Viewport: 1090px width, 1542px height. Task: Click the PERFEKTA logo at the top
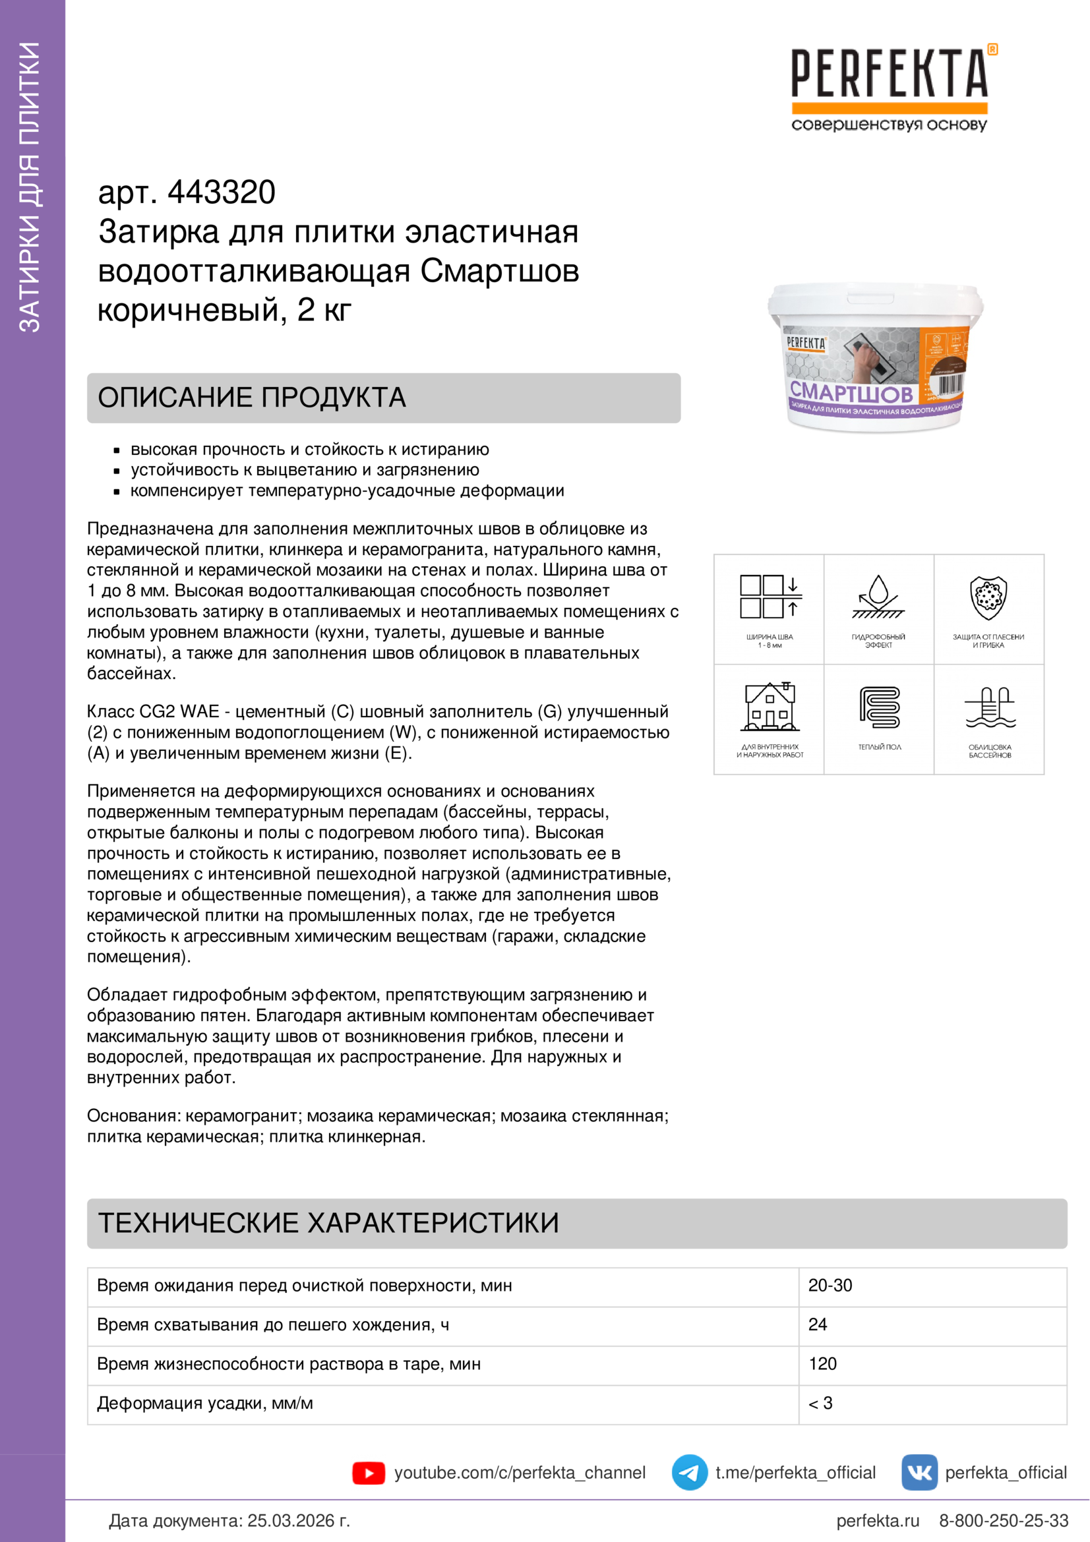(889, 74)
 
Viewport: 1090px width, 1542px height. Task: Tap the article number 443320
(221, 193)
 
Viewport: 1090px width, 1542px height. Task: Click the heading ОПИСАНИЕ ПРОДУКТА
(252, 398)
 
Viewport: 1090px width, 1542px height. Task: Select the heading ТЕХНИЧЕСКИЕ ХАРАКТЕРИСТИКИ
(328, 1223)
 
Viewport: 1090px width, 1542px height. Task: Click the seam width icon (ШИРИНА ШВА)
(770, 597)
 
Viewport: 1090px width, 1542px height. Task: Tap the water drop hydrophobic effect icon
(878, 596)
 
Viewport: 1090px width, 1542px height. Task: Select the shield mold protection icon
(988, 597)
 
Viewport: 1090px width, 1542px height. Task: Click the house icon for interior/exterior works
(770, 707)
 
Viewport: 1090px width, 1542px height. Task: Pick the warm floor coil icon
(879, 707)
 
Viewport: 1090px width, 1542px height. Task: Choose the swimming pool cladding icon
(990, 708)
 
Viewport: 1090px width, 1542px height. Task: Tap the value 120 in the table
(823, 1364)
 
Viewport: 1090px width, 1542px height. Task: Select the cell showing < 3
(821, 1403)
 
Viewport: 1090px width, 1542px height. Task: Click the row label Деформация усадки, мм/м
(205, 1403)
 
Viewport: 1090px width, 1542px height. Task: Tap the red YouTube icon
(369, 1473)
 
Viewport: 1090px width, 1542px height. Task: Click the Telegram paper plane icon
(689, 1473)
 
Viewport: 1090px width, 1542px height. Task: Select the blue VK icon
(919, 1473)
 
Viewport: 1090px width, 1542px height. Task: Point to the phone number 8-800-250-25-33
(1004, 1520)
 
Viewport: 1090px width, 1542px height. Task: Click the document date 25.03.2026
(298, 1520)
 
